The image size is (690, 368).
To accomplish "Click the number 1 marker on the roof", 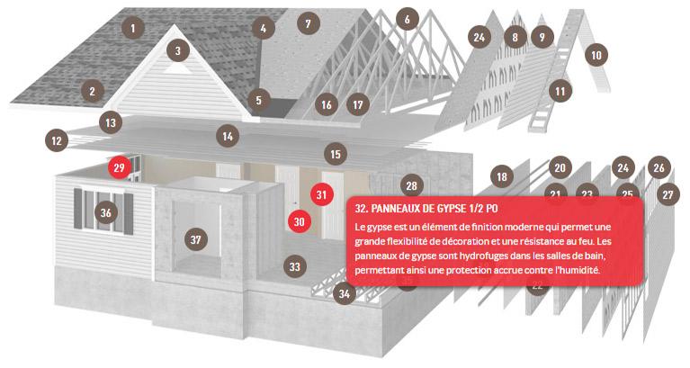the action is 133,28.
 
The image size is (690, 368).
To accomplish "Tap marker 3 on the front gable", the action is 178,50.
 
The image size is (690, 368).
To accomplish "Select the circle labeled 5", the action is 259,100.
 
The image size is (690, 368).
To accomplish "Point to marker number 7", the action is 308,23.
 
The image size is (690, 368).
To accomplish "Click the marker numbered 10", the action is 596,55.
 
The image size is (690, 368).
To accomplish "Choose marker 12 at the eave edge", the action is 57,140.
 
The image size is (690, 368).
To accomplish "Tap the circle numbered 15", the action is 336,154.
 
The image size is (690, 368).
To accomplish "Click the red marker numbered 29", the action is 120,167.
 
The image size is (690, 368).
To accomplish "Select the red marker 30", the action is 300,221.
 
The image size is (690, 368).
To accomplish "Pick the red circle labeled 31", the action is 322,194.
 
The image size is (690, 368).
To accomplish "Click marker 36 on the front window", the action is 106,212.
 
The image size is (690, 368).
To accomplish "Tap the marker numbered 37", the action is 196,239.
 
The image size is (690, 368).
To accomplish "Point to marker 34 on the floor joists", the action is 345,293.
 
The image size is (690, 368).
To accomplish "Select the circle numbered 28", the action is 411,185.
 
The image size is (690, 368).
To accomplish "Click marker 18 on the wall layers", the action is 502,176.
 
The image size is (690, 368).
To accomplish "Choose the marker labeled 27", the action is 668,194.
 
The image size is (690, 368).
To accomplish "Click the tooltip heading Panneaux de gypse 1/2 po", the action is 426,208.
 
